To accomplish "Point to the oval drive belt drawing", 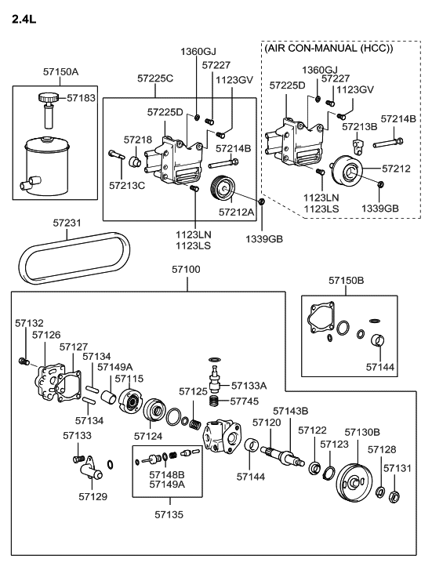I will tap(74, 258).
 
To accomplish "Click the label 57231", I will tap(67, 223).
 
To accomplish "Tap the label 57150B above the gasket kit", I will tap(346, 280).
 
